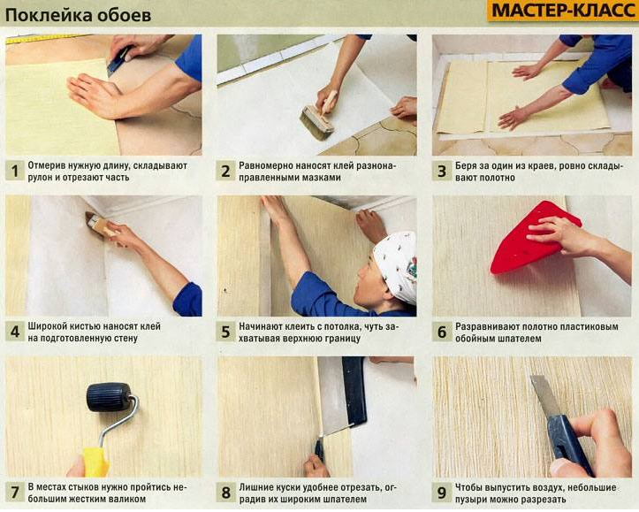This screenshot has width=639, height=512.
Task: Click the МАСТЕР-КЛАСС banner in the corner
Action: click(x=562, y=11)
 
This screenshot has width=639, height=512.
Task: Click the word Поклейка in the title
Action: click(x=42, y=15)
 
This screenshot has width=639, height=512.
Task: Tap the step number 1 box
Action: click(x=15, y=172)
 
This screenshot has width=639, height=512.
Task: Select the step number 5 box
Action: click(x=225, y=332)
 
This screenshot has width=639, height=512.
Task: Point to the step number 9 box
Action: click(x=441, y=493)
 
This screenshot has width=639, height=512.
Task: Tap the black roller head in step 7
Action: click(x=109, y=396)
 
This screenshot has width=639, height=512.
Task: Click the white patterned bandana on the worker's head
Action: click(x=396, y=264)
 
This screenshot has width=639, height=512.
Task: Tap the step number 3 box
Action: click(x=441, y=172)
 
